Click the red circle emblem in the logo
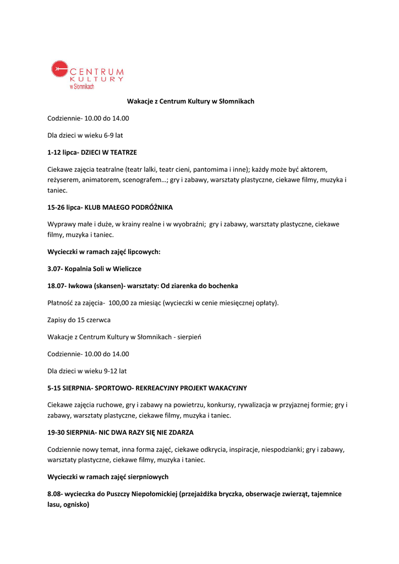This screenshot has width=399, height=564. (59, 69)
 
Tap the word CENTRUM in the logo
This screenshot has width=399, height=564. (97, 72)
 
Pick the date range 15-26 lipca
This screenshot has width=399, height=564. (64, 207)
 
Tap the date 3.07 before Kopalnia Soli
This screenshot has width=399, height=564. (54, 269)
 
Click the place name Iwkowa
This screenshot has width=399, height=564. (80, 286)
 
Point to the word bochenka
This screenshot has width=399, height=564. (221, 286)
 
